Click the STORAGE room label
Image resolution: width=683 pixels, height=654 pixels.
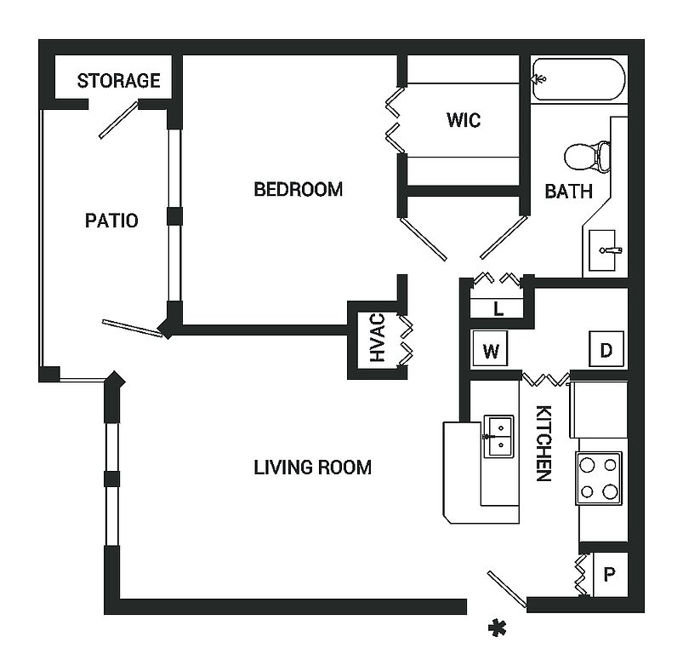[119, 81]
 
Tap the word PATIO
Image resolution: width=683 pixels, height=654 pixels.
[111, 221]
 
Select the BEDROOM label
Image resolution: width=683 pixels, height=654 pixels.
[299, 189]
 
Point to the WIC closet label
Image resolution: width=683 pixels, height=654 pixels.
[464, 120]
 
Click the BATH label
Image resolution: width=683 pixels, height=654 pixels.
[569, 192]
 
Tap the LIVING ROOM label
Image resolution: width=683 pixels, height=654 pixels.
[313, 468]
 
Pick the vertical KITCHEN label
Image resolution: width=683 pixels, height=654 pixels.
[544, 443]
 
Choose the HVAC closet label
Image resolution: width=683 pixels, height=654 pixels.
[378, 338]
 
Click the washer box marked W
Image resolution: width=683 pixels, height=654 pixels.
[490, 349]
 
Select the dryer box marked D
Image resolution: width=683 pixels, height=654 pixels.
[606, 349]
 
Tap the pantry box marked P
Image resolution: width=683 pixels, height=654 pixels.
[610, 574]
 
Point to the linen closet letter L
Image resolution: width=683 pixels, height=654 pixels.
[498, 309]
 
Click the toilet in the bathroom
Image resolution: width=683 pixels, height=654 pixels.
[587, 156]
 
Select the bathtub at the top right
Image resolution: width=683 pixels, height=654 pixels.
[579, 79]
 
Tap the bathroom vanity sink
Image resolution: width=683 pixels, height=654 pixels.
[603, 250]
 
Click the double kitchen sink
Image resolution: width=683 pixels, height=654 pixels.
[498, 436]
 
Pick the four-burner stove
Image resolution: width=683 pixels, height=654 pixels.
[599, 479]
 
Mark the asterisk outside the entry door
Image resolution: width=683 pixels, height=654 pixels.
[497, 628]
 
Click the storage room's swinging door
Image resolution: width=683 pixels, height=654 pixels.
[118, 120]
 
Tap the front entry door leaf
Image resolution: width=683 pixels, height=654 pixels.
[507, 588]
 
